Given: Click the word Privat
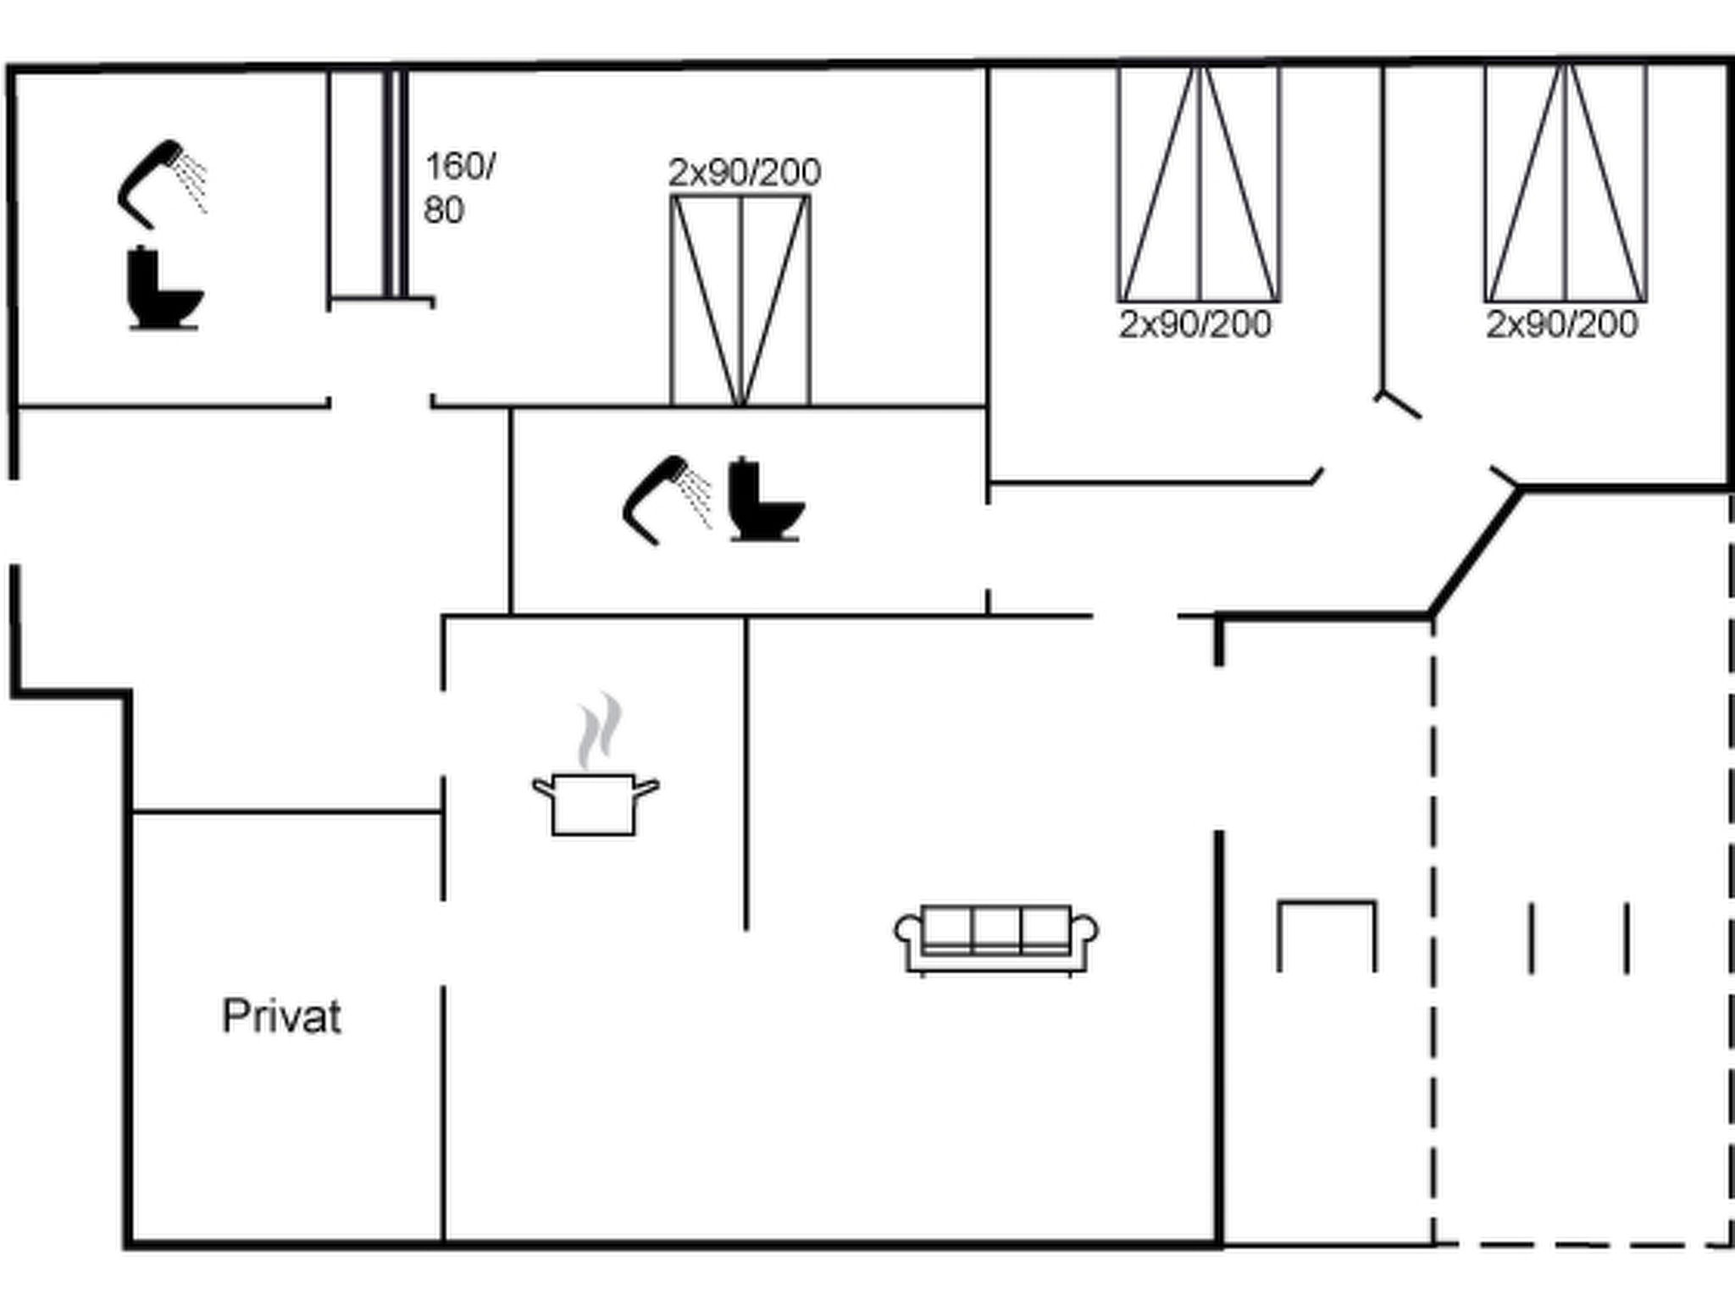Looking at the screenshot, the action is point(281,1016).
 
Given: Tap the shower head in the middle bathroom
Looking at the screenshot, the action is point(668,500).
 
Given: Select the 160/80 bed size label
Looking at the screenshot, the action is point(459,188).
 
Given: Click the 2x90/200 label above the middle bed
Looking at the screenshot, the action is point(745,173).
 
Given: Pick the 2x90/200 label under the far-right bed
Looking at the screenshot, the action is point(1561,324).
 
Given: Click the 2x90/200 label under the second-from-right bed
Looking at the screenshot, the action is point(1195,324).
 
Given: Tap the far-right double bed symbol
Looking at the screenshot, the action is point(1566,184).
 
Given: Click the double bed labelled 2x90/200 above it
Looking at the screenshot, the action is point(740,301).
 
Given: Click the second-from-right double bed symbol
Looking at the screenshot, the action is point(1200,184).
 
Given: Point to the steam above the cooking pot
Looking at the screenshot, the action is point(600,730).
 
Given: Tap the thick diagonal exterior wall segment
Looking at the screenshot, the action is point(1475,551).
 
